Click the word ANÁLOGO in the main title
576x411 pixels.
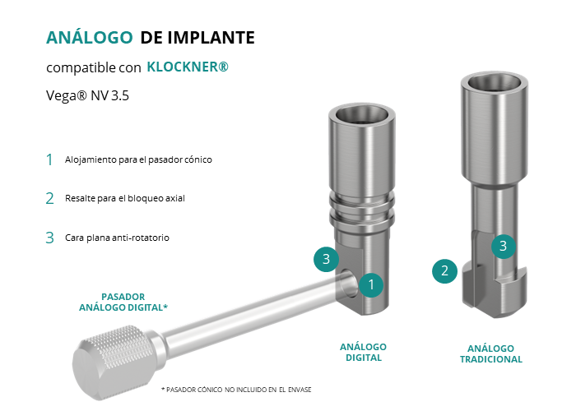pyautogui.click(x=89, y=37)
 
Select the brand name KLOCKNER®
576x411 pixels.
pyautogui.click(x=188, y=67)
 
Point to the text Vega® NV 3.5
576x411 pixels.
pyautogui.click(x=87, y=96)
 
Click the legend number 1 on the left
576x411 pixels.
pyautogui.click(x=49, y=160)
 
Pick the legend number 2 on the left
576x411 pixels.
pyautogui.click(x=49, y=199)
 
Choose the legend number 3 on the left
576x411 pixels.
pyautogui.click(x=49, y=238)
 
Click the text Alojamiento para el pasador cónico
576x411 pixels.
pyautogui.click(x=138, y=159)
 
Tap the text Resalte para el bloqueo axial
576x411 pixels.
pyautogui.click(x=125, y=198)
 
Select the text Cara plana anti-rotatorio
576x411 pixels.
pyautogui.click(x=117, y=238)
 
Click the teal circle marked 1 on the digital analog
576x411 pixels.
pyautogui.click(x=371, y=284)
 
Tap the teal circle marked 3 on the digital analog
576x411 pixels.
pyautogui.click(x=326, y=259)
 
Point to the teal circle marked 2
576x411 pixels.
pyautogui.click(x=444, y=271)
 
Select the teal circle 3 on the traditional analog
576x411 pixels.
pyautogui.click(x=504, y=247)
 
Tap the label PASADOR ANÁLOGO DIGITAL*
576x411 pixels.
pyautogui.click(x=123, y=302)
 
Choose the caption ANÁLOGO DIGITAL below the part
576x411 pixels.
pyautogui.click(x=364, y=353)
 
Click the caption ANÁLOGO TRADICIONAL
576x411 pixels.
pyautogui.click(x=490, y=353)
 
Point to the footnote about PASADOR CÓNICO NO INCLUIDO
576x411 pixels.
pyautogui.click(x=236, y=390)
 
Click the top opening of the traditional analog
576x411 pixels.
pyautogui.click(x=494, y=83)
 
